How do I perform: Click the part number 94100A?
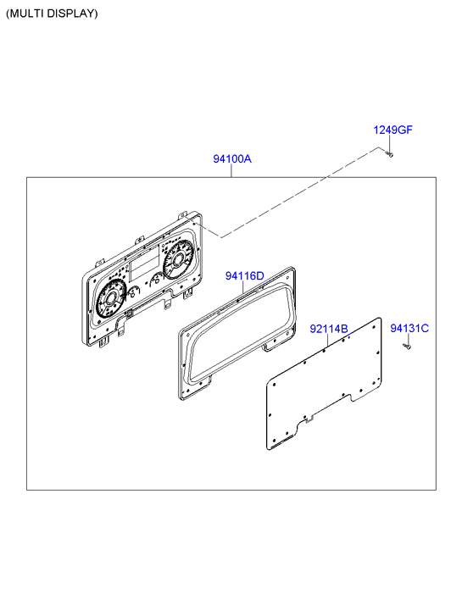point(232,158)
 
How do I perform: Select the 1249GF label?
point(393,130)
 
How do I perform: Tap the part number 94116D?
point(244,275)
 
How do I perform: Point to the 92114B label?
point(329,329)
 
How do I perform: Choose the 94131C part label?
point(409,328)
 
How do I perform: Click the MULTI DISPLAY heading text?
point(52,14)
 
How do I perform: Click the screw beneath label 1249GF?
point(390,154)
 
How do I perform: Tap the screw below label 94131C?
point(408,346)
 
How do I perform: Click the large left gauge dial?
point(109,299)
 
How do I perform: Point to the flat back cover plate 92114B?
point(324,384)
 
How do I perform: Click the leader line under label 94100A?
point(231,171)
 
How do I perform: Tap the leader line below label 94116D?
point(243,287)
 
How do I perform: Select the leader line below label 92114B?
point(327,341)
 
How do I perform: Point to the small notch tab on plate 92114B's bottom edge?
point(309,420)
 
